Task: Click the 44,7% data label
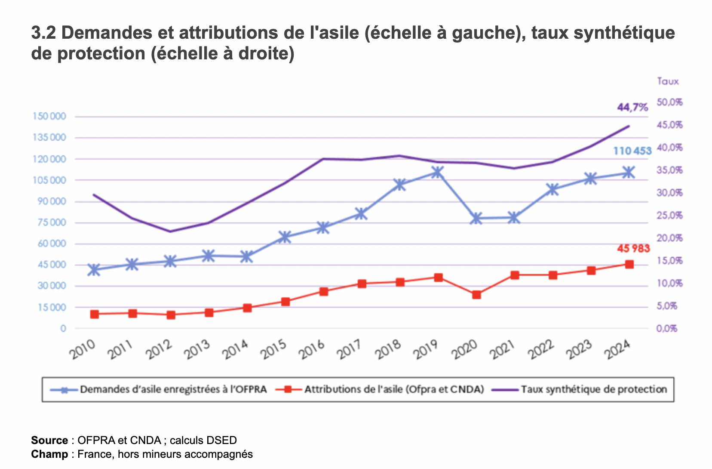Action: pyautogui.click(x=632, y=107)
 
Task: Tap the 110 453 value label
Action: pyautogui.click(x=632, y=151)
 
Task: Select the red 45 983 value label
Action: pyautogui.click(x=633, y=248)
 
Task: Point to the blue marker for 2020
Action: pyautogui.click(x=476, y=218)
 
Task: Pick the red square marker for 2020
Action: pyautogui.click(x=476, y=295)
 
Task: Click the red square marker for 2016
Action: pyautogui.click(x=324, y=291)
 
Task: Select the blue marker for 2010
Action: pyautogui.click(x=94, y=270)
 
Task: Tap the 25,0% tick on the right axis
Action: pyautogui.click(x=669, y=216)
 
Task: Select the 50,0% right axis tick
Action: pyautogui.click(x=669, y=102)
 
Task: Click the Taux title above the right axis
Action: pyautogui.click(x=668, y=81)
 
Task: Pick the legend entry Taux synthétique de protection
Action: pyautogui.click(x=593, y=389)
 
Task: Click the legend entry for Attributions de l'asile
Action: pyautogui.click(x=394, y=389)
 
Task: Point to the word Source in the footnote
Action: pyautogui.click(x=49, y=440)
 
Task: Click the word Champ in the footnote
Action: pyautogui.click(x=49, y=454)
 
